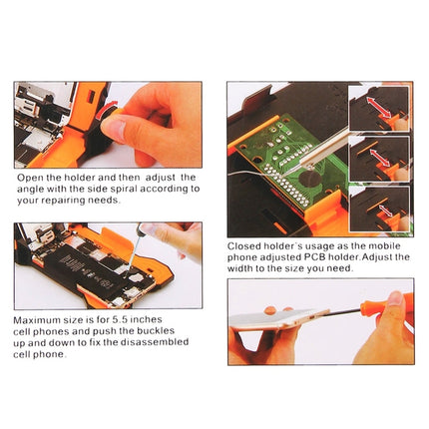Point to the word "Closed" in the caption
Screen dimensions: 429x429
point(245,245)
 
